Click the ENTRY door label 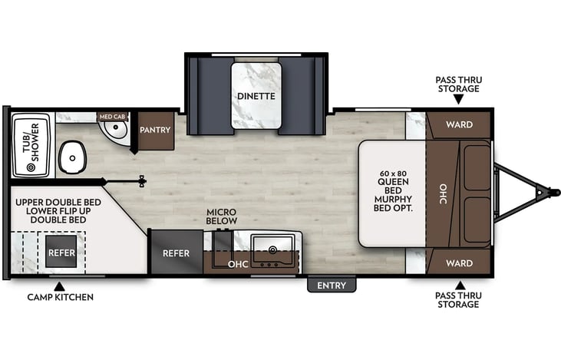332,286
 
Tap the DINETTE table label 256,96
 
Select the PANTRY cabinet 156,130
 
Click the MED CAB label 112,117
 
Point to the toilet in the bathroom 73,157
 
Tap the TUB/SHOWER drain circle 31,167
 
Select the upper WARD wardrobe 460,125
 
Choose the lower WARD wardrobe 460,263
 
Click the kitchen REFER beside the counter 177,253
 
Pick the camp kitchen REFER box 61,252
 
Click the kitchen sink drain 272,249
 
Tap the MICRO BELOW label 222,216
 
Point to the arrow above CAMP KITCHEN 59,286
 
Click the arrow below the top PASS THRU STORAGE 458,99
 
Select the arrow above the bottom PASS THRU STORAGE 460,286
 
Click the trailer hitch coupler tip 556,193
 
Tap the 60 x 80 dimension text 393,173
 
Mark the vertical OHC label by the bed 443,193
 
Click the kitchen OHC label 238,264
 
